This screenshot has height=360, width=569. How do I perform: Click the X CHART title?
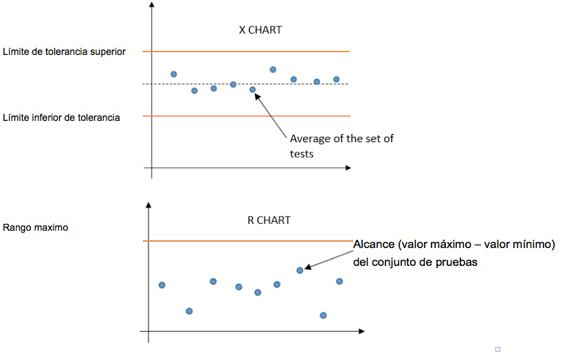pyautogui.click(x=260, y=30)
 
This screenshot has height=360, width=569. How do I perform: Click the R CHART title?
pyautogui.click(x=269, y=221)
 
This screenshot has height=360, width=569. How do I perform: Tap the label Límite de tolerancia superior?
pyautogui.click(x=64, y=52)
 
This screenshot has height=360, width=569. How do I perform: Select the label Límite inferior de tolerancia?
pyautogui.click(x=61, y=117)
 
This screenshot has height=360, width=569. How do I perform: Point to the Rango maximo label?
pyautogui.click(x=36, y=227)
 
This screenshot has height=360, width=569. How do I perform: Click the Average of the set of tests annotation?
pyautogui.click(x=342, y=146)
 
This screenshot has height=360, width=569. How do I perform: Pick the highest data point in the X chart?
pyautogui.click(x=273, y=69)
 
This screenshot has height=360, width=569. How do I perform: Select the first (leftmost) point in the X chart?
pyautogui.click(x=174, y=74)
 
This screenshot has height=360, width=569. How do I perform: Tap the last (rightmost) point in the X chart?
pyautogui.click(x=336, y=79)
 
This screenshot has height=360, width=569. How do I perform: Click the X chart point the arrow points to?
pyautogui.click(x=252, y=89)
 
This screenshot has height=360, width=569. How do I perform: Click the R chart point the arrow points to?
pyautogui.click(x=300, y=270)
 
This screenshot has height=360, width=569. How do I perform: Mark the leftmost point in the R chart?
pyautogui.click(x=162, y=284)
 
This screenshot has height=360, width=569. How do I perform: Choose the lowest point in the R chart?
pyautogui.click(x=323, y=315)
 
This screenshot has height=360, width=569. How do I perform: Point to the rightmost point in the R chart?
pyautogui.click(x=339, y=281)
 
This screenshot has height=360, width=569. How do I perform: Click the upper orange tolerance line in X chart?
pyautogui.click(x=247, y=52)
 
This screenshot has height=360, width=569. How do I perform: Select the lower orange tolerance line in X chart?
pyautogui.click(x=247, y=116)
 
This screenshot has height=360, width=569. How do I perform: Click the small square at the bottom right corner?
pyautogui.click(x=497, y=350)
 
